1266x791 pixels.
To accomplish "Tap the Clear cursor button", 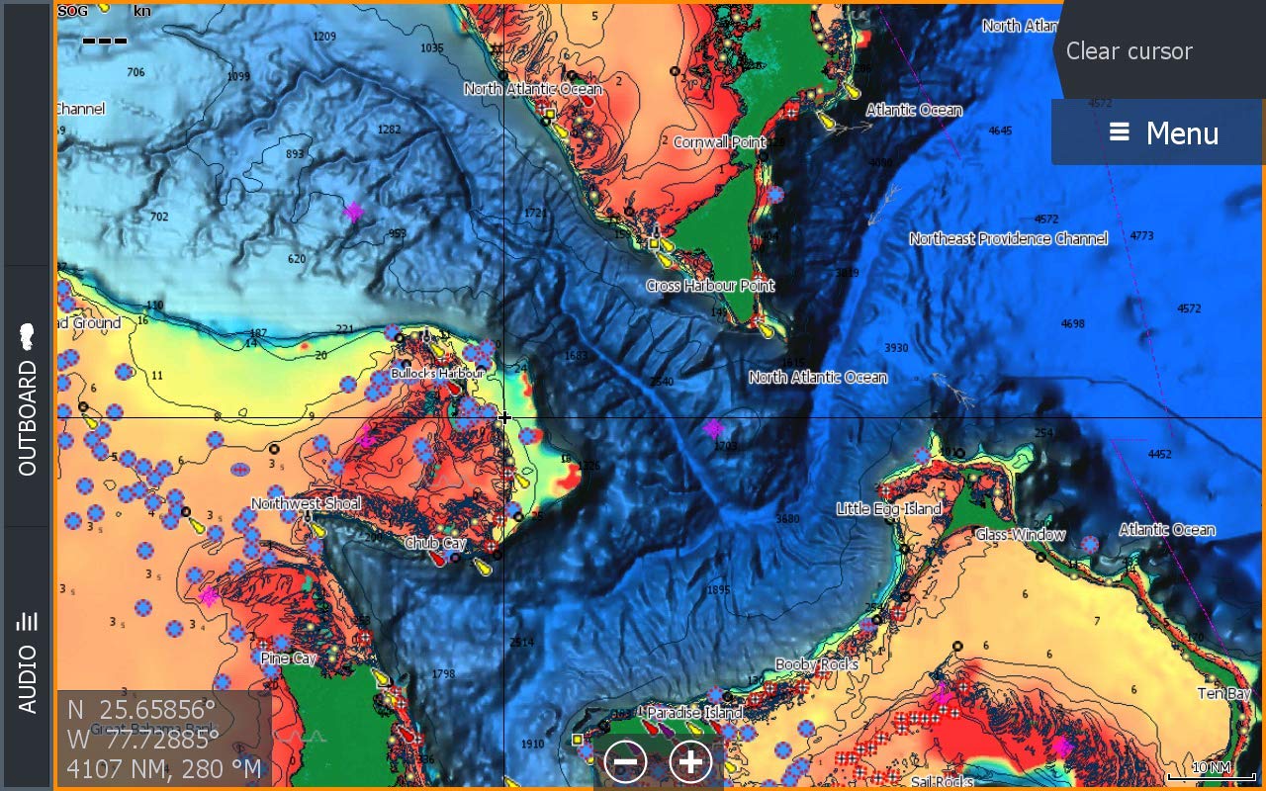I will (1129, 51).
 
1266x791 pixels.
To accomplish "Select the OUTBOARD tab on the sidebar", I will (27, 395).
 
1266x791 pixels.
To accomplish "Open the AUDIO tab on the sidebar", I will (27, 658).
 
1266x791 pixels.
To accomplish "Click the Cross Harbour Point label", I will (710, 286).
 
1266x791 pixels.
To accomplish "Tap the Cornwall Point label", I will (719, 142).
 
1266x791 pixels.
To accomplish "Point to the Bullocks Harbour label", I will (437, 374).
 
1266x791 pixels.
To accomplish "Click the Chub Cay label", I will (435, 544).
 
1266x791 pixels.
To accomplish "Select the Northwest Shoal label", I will (306, 504).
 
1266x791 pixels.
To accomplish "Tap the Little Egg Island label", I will (889, 509).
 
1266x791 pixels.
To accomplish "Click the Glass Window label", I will (1021, 535).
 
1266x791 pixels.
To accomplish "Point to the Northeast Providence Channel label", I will (1008, 239).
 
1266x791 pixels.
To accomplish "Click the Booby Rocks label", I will (816, 665).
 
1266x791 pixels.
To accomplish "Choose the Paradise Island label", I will (694, 713).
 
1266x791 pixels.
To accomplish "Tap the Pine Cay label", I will (289, 659).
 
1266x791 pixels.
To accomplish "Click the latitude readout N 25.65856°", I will (141, 710).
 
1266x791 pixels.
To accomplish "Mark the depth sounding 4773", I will (1141, 236).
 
